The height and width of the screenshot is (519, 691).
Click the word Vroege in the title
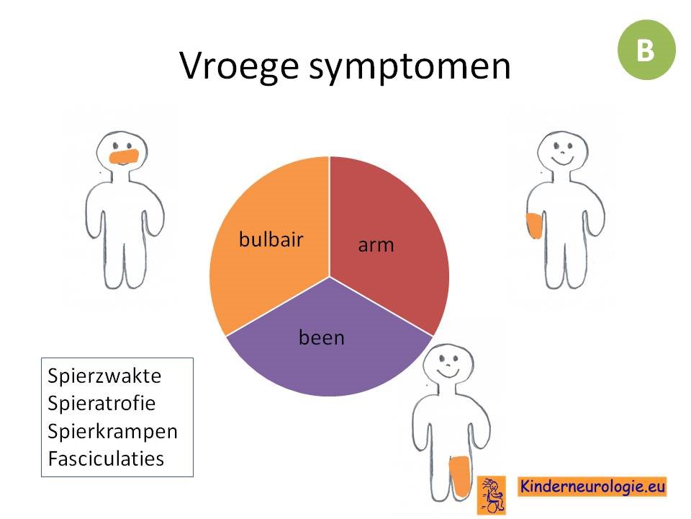click(239, 66)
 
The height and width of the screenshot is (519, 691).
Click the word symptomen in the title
click(410, 68)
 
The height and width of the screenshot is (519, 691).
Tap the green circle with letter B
click(646, 50)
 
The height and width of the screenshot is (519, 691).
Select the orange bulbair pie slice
click(268, 239)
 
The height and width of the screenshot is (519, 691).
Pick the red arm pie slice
click(388, 239)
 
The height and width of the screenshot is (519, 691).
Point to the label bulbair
click(271, 239)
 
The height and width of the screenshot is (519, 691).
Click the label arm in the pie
click(376, 245)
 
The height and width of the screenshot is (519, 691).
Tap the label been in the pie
click(322, 337)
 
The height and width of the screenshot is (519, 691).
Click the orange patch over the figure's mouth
click(124, 156)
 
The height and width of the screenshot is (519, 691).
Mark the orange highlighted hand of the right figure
click(534, 225)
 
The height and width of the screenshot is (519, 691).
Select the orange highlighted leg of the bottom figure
click(460, 476)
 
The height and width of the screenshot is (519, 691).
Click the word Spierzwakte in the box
click(104, 376)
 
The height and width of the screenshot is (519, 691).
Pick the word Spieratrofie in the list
click(101, 404)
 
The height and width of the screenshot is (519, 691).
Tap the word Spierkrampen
click(112, 431)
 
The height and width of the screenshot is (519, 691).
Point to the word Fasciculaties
click(107, 459)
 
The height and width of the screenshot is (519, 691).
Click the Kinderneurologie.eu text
click(592, 487)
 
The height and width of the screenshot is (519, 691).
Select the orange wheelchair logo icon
click(492, 494)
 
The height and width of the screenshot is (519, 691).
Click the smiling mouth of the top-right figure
click(563, 159)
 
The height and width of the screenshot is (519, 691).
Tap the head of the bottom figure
click(448, 364)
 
